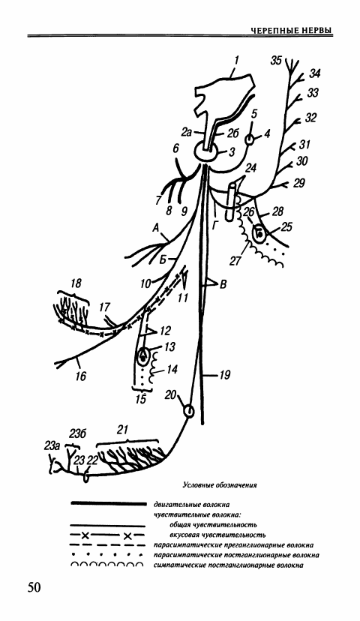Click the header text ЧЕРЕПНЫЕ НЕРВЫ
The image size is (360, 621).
(292, 31)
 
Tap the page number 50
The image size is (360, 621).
(34, 587)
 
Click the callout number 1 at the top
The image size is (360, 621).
(236, 60)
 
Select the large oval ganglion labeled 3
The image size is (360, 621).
(205, 151)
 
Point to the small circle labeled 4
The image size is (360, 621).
(250, 139)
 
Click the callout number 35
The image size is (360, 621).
(277, 61)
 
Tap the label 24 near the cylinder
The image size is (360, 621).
(250, 168)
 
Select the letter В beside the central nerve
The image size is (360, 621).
(223, 283)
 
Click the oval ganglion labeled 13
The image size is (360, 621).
(142, 356)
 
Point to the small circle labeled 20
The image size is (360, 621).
(189, 412)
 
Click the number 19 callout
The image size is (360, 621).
(225, 374)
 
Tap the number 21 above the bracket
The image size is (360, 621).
(124, 429)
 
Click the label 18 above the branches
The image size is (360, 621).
(76, 283)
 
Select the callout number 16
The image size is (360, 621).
(81, 376)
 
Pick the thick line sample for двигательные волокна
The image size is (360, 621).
(108, 504)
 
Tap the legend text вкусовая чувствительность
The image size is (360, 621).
(217, 535)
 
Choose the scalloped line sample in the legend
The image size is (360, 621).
(107, 565)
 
